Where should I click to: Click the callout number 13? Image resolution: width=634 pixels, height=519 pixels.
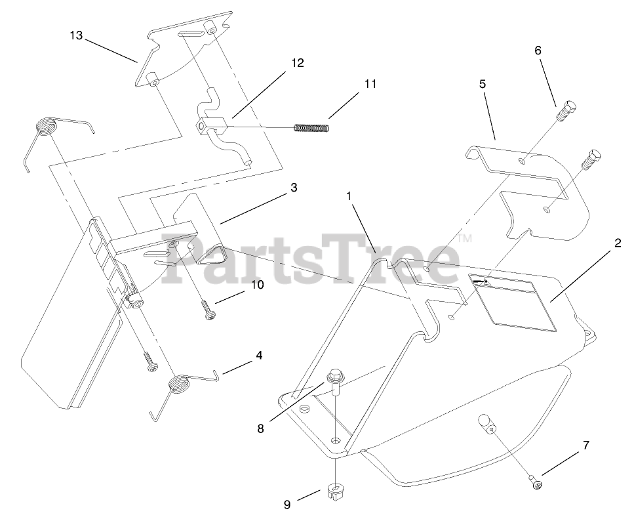coord(76,35)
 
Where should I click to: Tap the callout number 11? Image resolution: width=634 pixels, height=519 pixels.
coord(370,84)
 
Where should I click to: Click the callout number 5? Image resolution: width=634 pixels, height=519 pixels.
coord(482,84)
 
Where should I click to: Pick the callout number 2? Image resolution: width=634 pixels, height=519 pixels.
coord(617,242)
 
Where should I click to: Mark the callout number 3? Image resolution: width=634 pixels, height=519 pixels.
coord(293,187)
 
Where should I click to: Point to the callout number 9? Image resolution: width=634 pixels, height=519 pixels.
coord(287,505)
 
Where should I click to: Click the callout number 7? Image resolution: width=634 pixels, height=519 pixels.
coord(585,446)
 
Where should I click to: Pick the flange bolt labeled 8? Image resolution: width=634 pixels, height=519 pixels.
coord(334,382)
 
